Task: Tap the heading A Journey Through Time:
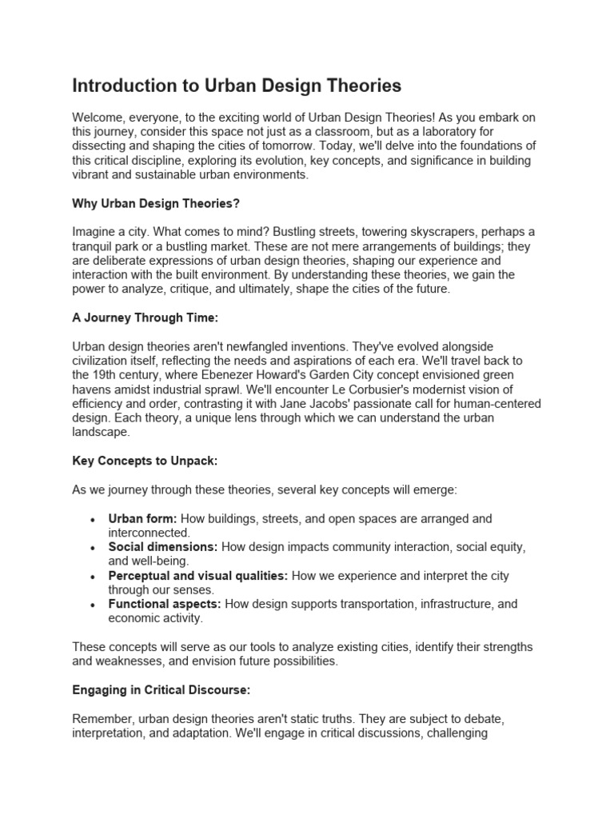[x=145, y=318]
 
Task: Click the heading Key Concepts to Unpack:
[x=146, y=462]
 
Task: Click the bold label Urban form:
[x=143, y=518]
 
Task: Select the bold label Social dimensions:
[x=163, y=547]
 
